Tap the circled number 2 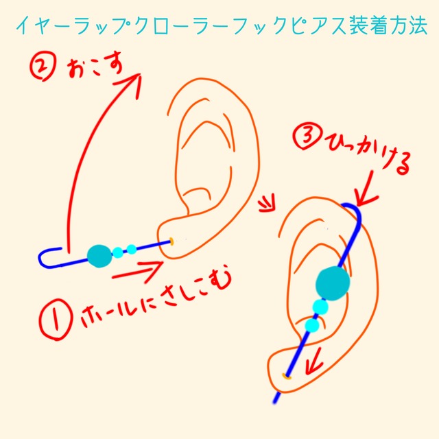point(43,67)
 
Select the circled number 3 point(307,137)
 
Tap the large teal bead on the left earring point(99,256)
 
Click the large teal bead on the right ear point(333,283)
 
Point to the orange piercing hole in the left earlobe point(171,241)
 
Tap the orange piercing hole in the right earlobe point(286,377)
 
